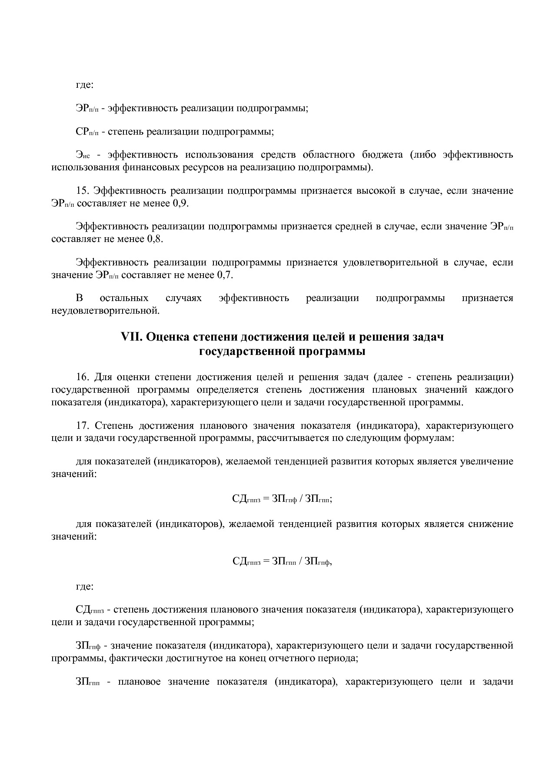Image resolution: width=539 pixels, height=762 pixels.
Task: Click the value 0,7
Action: [x=225, y=275]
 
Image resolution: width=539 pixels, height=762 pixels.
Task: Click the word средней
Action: [x=349, y=226]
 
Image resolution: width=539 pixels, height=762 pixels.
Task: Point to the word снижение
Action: [x=491, y=524]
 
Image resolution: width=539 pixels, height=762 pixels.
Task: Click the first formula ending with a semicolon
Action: [x=282, y=499]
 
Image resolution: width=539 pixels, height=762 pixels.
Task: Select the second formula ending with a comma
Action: [x=282, y=561]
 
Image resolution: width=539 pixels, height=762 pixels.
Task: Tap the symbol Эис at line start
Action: [x=83, y=156]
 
